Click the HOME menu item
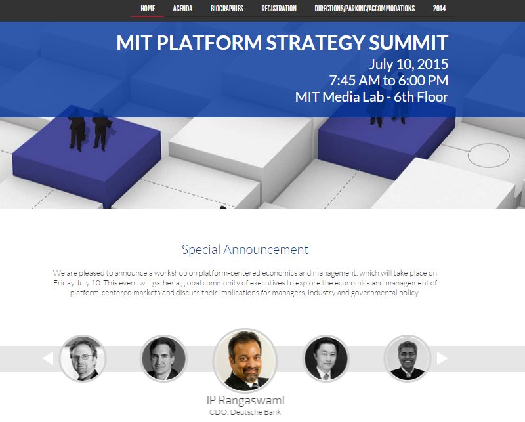pyautogui.click(x=148, y=9)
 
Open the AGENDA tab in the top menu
pyautogui.click(x=182, y=9)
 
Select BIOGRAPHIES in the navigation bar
pyautogui.click(x=226, y=9)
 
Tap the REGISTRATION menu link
pyautogui.click(x=279, y=9)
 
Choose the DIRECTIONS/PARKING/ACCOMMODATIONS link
pyautogui.click(x=365, y=9)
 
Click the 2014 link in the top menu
pyautogui.click(x=439, y=9)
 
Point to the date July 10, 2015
pyautogui.click(x=408, y=64)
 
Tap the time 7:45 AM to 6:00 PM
pyautogui.click(x=388, y=80)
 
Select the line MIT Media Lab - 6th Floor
pyautogui.click(x=371, y=96)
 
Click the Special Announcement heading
pyautogui.click(x=245, y=250)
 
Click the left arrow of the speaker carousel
pyautogui.click(x=48, y=358)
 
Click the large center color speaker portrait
pyautogui.click(x=245, y=360)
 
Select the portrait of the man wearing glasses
pyautogui.click(x=83, y=359)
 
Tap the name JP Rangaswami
pyautogui.click(x=245, y=400)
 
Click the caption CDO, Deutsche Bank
pyautogui.click(x=245, y=412)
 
